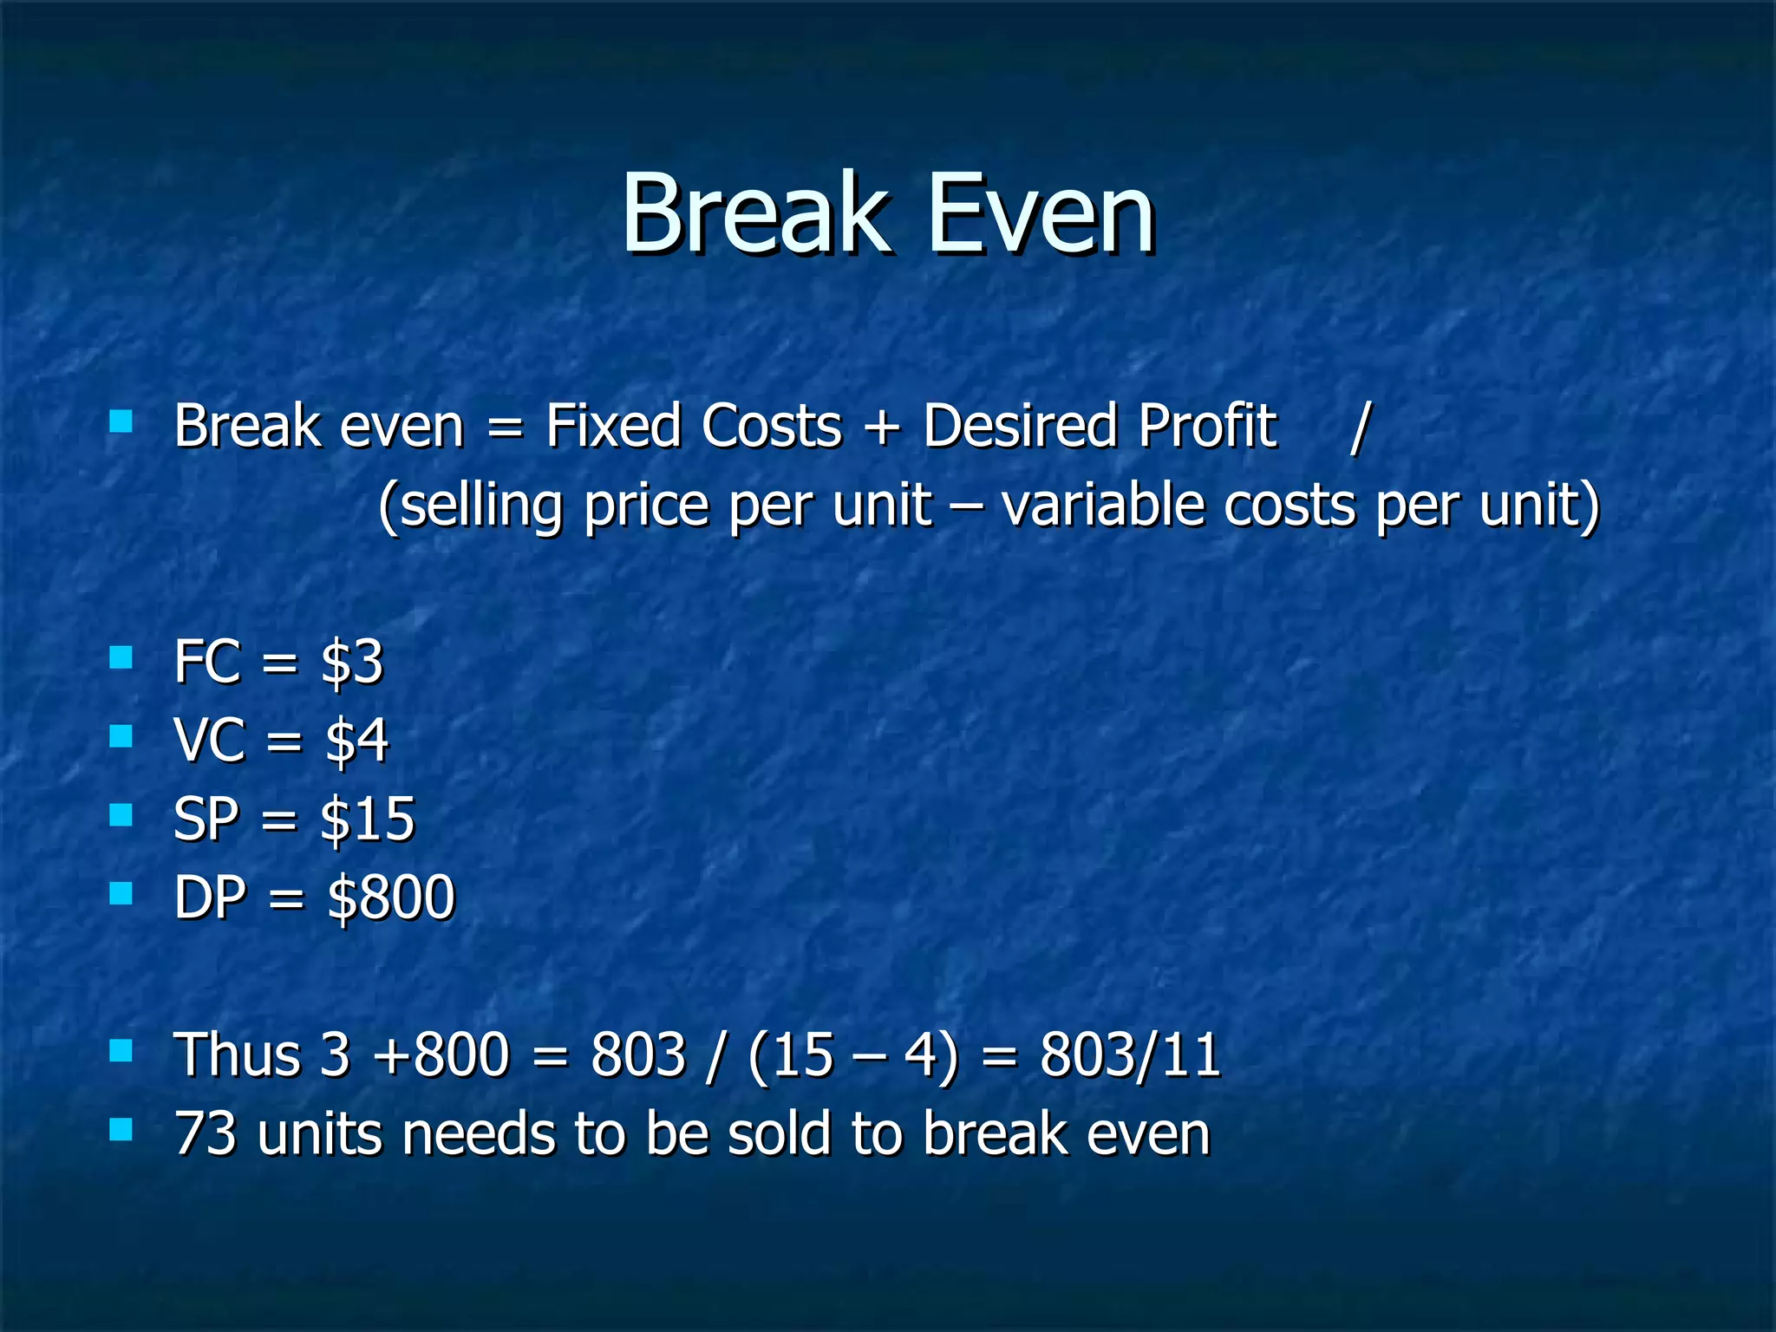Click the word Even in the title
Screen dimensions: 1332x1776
[x=1041, y=214]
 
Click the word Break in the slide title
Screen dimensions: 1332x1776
[x=754, y=214]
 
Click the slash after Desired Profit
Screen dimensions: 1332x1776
[x=1360, y=427]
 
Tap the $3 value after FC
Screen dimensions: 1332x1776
[x=351, y=663]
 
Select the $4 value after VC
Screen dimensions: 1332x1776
[x=356, y=741]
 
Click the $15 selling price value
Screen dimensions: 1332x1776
[x=368, y=819]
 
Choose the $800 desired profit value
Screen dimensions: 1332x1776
[x=390, y=898]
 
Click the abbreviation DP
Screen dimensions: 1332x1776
[x=209, y=898]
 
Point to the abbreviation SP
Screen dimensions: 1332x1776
[x=206, y=819]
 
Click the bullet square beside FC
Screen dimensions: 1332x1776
[x=121, y=657]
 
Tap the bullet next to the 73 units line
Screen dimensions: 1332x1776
[x=121, y=1128]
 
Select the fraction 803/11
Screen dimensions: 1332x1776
[x=1130, y=1055]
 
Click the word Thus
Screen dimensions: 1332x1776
[x=237, y=1055]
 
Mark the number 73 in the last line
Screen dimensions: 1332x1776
[x=205, y=1134]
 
